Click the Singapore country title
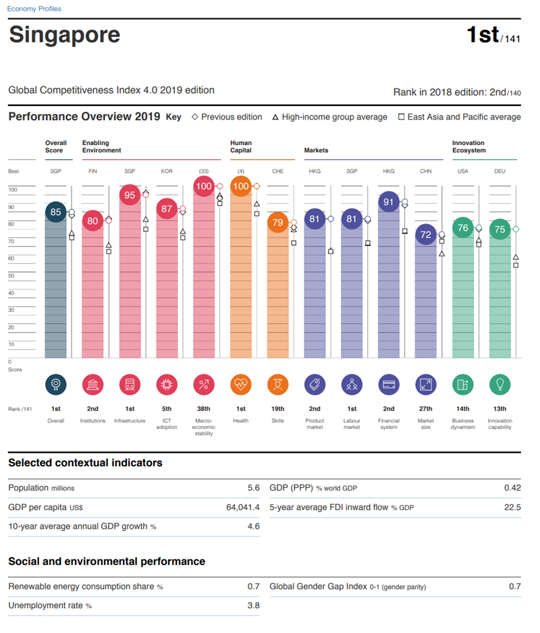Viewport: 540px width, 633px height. pyautogui.click(x=65, y=35)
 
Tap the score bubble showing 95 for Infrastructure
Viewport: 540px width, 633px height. pyautogui.click(x=130, y=195)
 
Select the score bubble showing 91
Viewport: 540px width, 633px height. pyautogui.click(x=389, y=202)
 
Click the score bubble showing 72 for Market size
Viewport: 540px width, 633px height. pyautogui.click(x=426, y=235)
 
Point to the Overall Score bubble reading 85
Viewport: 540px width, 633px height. pyautogui.click(x=56, y=213)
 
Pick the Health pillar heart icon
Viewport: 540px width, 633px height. pyautogui.click(x=241, y=385)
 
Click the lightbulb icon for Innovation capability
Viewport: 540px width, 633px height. pyautogui.click(x=500, y=385)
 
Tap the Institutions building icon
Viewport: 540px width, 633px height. pyautogui.click(x=92, y=385)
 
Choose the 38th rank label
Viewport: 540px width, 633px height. pyautogui.click(x=204, y=409)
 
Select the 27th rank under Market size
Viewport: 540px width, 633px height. pyautogui.click(x=426, y=409)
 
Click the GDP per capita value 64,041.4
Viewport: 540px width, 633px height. pyautogui.click(x=243, y=507)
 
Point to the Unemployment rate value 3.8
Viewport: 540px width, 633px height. pyautogui.click(x=253, y=605)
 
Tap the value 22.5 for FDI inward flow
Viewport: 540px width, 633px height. pyautogui.click(x=512, y=507)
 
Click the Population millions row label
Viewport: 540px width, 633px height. pyautogui.click(x=41, y=488)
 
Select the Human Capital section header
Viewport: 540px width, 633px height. pyautogui.click(x=241, y=146)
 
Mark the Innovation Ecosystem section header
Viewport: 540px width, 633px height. pyautogui.click(x=468, y=146)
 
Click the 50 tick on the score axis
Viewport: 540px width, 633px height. pyautogui.click(x=11, y=276)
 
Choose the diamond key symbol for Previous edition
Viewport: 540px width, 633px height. pyautogui.click(x=195, y=117)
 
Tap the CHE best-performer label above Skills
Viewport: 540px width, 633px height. pyautogui.click(x=278, y=171)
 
